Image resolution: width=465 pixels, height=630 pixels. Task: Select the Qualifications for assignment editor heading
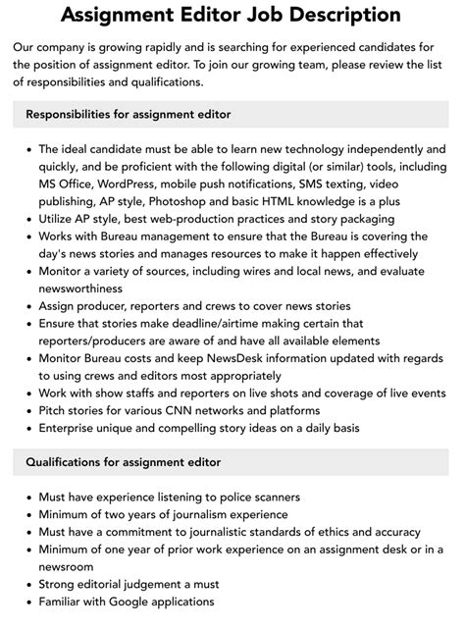[123, 462]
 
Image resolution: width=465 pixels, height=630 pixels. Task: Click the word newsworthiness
[80, 289]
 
